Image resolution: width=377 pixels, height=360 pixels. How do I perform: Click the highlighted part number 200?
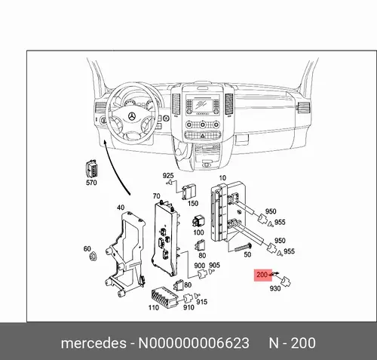tap(262, 275)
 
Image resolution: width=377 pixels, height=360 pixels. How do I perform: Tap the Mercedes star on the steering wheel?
tap(132, 116)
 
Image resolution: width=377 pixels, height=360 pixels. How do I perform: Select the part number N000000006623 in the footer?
tap(194, 343)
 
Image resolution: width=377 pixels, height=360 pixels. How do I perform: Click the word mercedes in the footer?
tap(93, 343)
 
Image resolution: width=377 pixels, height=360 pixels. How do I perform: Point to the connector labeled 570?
tap(91, 168)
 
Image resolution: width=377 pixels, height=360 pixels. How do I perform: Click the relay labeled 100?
tap(198, 221)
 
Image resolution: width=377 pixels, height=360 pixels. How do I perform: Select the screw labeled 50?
tap(243, 248)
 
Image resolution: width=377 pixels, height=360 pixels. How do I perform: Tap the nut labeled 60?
tap(93, 256)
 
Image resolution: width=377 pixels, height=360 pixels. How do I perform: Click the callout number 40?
tap(121, 208)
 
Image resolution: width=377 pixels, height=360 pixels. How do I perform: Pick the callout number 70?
tap(156, 195)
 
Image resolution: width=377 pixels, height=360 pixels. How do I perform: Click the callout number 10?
tap(222, 178)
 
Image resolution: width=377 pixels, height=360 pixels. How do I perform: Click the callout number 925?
tap(168, 175)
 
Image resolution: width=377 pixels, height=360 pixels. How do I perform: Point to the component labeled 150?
tap(189, 192)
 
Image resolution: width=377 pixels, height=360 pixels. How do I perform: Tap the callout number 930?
tap(275, 288)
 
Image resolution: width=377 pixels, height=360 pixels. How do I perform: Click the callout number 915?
tap(202, 302)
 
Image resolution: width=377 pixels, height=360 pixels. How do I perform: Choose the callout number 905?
tap(214, 265)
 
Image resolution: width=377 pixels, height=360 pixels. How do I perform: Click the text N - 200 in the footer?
tap(292, 343)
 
